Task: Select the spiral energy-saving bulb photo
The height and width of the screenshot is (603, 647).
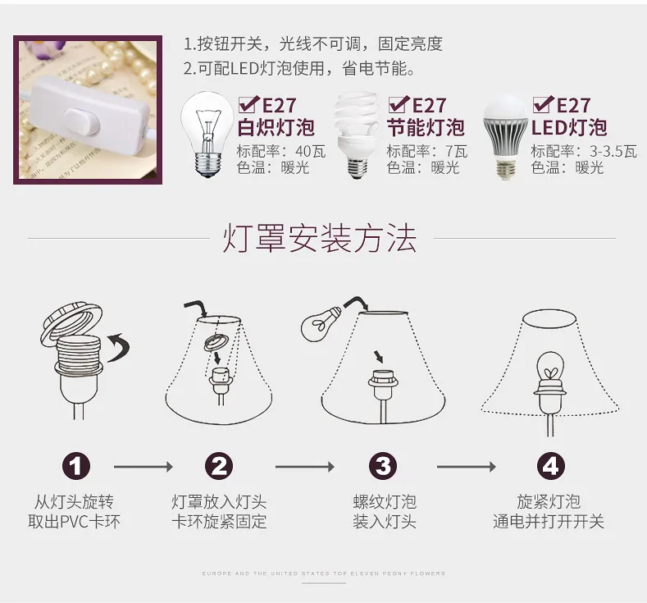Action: coord(358,135)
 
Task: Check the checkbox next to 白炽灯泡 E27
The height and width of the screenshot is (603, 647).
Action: coord(248,104)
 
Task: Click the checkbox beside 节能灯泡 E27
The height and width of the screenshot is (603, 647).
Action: coord(399,104)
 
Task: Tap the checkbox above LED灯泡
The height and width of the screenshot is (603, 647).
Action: coord(543,104)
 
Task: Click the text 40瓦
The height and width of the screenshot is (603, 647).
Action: coord(311,152)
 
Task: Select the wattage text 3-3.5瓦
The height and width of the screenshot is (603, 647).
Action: coord(613,152)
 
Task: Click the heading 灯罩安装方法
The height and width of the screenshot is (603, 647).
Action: coord(320,238)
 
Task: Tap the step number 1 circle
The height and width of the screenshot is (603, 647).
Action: coord(76,466)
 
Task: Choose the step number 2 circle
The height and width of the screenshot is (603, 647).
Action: coord(219,466)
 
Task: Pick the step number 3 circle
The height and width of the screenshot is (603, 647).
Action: coord(383,466)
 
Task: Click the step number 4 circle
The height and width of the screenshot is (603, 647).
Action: coord(550,466)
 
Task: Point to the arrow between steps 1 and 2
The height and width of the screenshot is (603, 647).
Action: coord(144,467)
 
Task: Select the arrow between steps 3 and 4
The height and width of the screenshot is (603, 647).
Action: coord(467,467)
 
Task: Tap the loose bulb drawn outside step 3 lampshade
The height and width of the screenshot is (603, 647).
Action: coord(321,323)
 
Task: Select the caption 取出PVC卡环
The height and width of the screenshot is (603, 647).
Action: coord(75,522)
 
